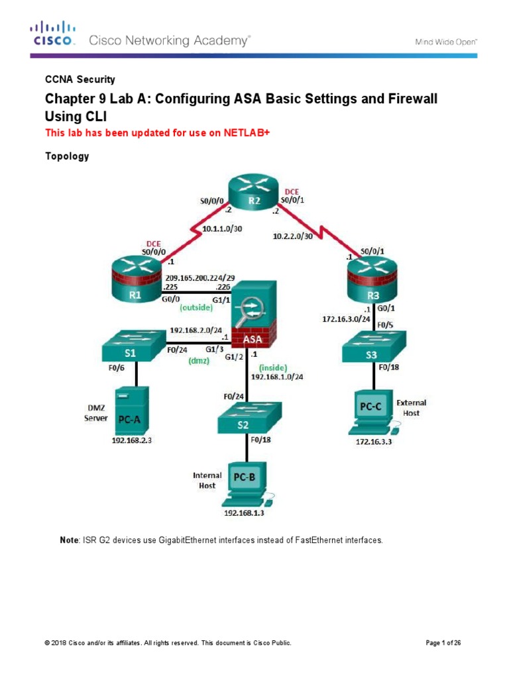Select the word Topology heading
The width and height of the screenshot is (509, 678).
pyautogui.click(x=66, y=157)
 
